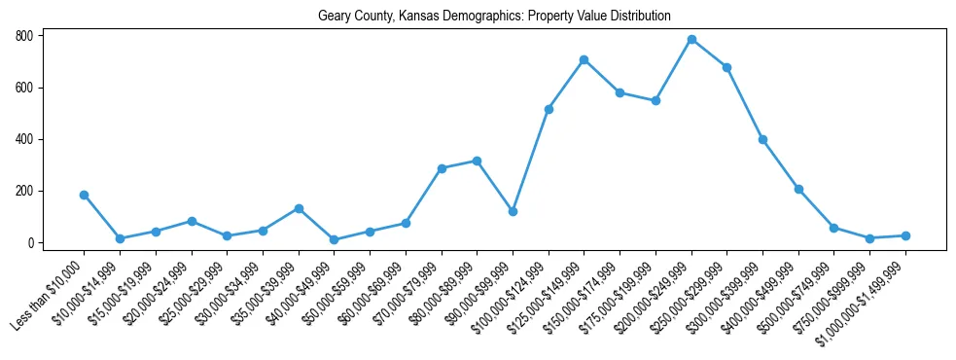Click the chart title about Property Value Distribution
tap(494, 17)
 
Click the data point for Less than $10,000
tap(85, 195)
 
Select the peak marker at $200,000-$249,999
tap(691, 40)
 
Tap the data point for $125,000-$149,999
tap(584, 59)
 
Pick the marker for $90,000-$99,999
tap(513, 211)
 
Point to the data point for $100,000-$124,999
tap(549, 109)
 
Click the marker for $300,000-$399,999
tap(762, 139)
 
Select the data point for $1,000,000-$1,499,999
tap(905, 235)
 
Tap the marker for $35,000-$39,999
tap(299, 208)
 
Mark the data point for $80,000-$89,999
tap(477, 161)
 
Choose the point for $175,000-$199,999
tap(655, 100)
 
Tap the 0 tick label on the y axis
tap(32, 243)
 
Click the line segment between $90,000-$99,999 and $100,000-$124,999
tap(531, 160)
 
